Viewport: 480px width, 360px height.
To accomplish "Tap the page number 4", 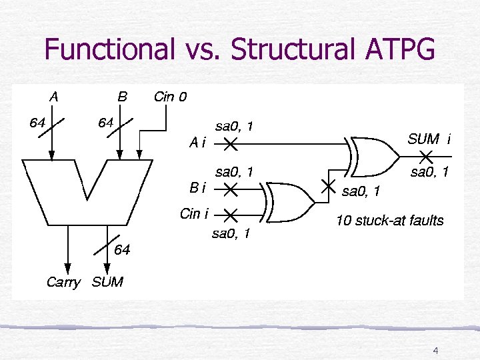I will pos(435,351).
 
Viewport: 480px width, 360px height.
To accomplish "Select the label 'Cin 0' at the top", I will pos(170,97).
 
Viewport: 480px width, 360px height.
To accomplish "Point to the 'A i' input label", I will pos(198,142).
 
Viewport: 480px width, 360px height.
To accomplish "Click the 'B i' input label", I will pos(198,189).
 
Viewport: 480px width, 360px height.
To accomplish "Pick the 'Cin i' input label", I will pos(194,214).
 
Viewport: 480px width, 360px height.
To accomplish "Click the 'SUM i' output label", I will pos(429,139).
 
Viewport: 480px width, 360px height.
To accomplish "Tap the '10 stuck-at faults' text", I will pos(389,221).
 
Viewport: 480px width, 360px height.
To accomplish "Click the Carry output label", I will pos(63,282).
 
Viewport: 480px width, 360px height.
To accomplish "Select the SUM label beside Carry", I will pos(107,282).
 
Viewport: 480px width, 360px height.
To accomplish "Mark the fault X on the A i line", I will pos(230,143).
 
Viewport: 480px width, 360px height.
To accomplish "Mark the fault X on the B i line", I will pos(230,190).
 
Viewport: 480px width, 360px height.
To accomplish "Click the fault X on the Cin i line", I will pos(230,215).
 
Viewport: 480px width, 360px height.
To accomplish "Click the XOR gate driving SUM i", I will pos(373,156).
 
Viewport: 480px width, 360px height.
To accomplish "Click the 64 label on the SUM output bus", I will pos(122,251).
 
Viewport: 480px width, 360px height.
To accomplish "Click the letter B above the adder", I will pos(122,97).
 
